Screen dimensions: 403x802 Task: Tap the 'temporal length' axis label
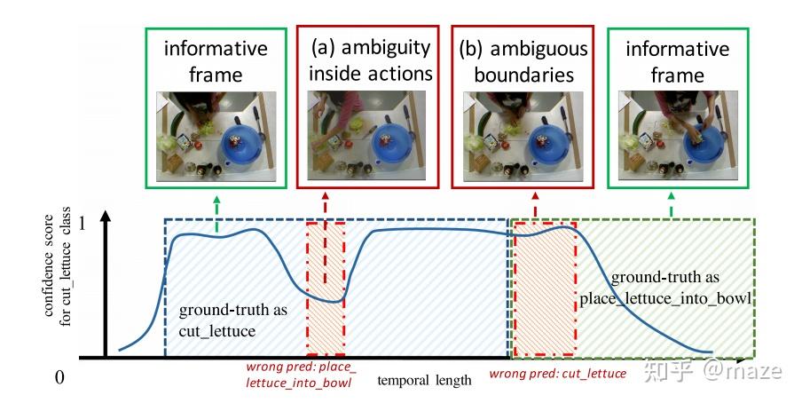424,381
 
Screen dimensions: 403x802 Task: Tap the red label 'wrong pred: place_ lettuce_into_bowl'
301,374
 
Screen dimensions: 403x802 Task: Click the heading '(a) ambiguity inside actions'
370,59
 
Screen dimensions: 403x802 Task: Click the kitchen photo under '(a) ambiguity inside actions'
370,136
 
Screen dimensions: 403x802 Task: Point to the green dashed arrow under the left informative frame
217,208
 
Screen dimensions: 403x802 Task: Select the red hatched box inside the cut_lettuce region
326,288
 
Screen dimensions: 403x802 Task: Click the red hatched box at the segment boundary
544,288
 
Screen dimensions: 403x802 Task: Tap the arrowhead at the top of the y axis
106,217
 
